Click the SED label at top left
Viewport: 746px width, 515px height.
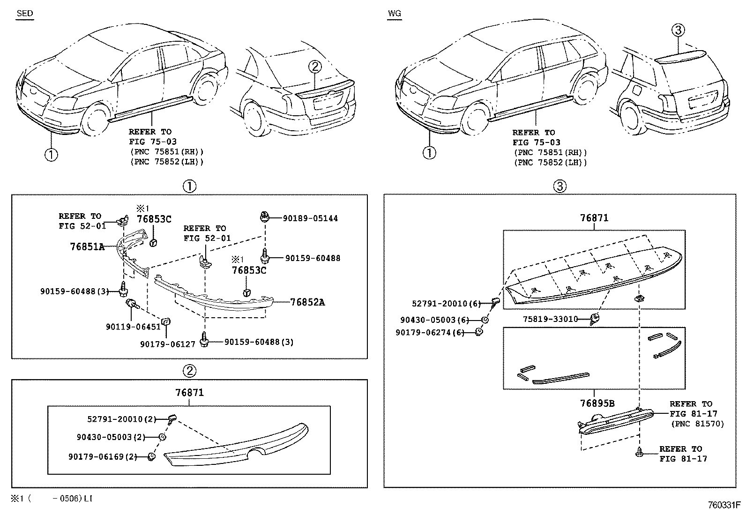(x=25, y=13)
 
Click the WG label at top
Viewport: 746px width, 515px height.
(x=394, y=13)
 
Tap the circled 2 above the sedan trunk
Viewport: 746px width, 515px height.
(x=315, y=67)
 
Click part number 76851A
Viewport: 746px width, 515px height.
(x=87, y=246)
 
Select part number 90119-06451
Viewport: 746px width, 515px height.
(x=133, y=327)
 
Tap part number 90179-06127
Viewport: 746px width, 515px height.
(x=167, y=344)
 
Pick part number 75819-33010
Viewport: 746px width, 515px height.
(x=550, y=319)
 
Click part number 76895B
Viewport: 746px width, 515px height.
(x=597, y=403)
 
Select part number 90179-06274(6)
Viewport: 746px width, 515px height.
(x=429, y=332)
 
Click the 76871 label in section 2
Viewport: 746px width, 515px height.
(x=189, y=393)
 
